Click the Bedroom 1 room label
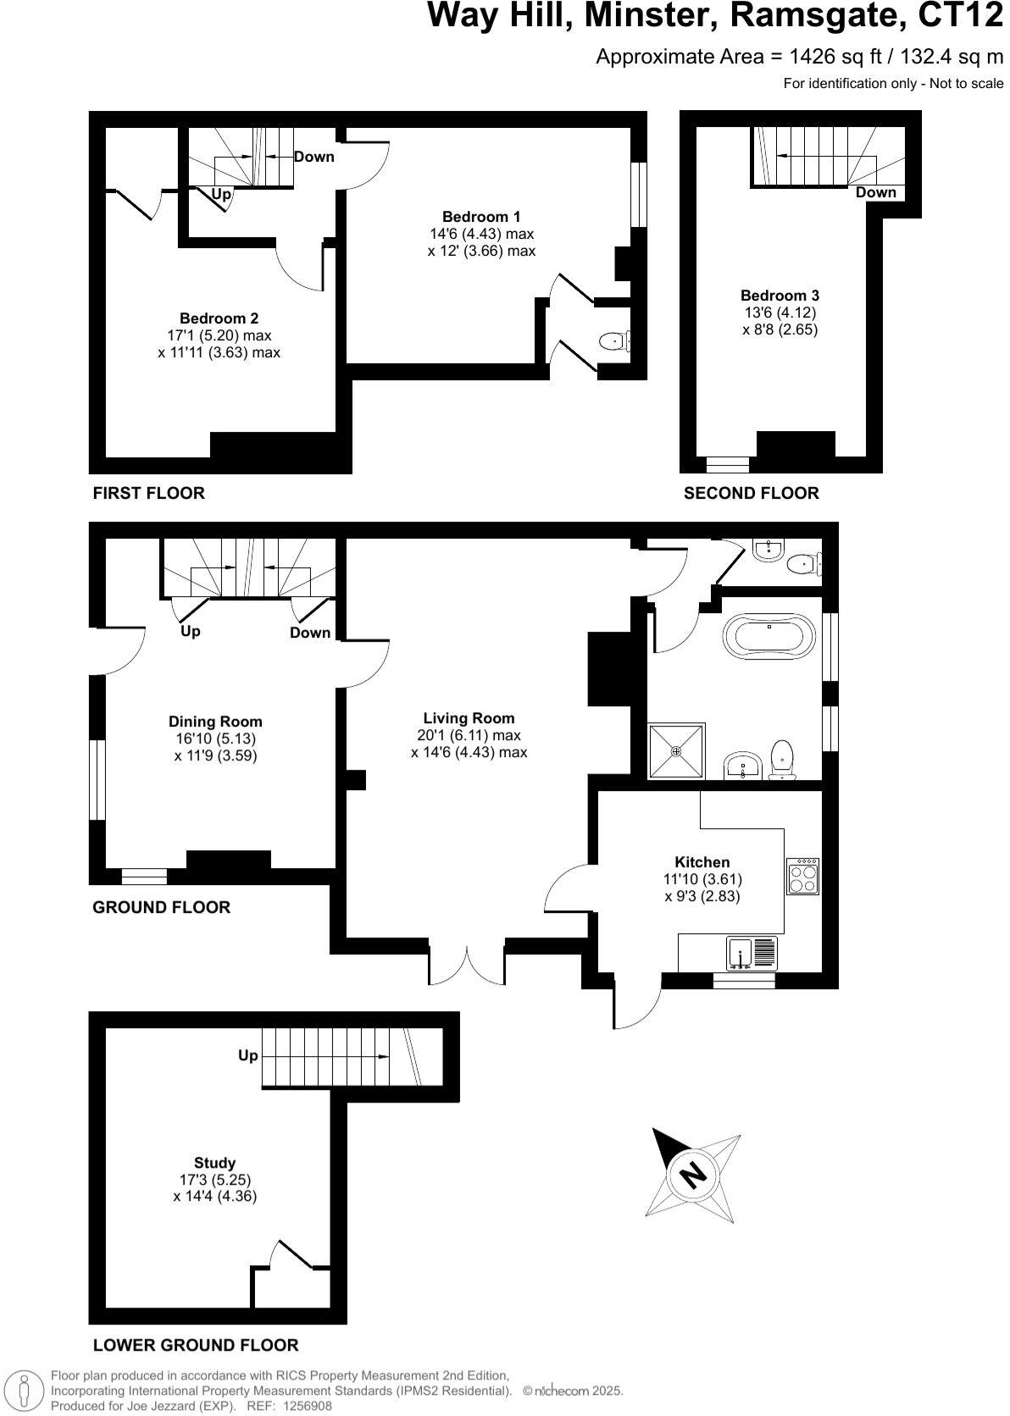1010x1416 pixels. [481, 217]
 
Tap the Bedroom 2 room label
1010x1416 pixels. [219, 318]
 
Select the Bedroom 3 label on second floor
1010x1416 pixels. [780, 296]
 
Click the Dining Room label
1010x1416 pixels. [215, 722]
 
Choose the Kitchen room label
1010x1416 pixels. [702, 862]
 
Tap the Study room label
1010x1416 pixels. [214, 1163]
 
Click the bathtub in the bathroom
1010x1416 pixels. [769, 637]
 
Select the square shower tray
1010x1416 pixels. [676, 750]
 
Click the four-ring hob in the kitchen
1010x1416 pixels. [803, 877]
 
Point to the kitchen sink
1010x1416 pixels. [740, 954]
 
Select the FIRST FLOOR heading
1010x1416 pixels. [148, 493]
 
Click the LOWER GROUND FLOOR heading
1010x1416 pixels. [195, 1345]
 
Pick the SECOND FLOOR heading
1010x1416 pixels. [751, 493]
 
